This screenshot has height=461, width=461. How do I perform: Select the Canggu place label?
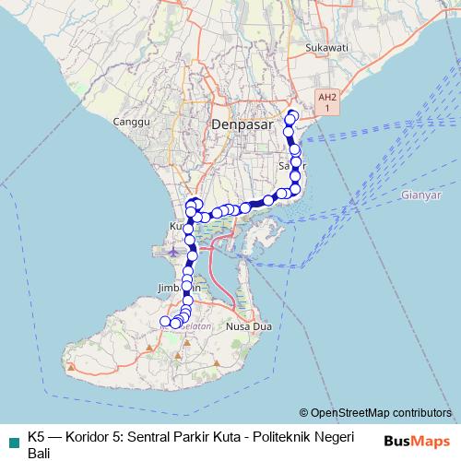point(130,122)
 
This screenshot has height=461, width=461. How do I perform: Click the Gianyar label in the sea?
point(422,195)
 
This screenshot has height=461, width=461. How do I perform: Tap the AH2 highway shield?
point(326,101)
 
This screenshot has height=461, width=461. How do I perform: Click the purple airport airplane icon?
point(174,250)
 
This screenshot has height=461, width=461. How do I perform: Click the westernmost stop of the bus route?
point(166,321)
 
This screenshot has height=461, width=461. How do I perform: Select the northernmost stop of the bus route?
point(293,114)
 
